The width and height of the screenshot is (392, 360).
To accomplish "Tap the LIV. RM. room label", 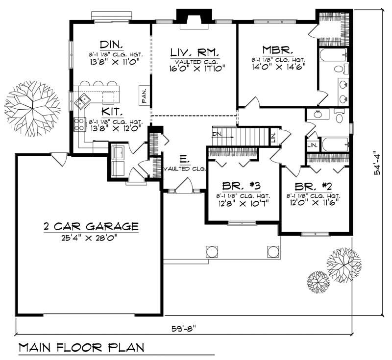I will (x=195, y=52).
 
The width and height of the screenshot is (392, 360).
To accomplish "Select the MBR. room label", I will (x=277, y=49).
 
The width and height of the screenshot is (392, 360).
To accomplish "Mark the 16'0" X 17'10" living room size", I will (x=195, y=68).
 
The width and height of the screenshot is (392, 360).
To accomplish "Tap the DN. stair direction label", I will (x=218, y=134).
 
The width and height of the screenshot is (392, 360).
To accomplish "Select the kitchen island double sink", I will (x=82, y=102).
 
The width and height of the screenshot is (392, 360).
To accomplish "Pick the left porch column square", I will (x=212, y=252).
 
